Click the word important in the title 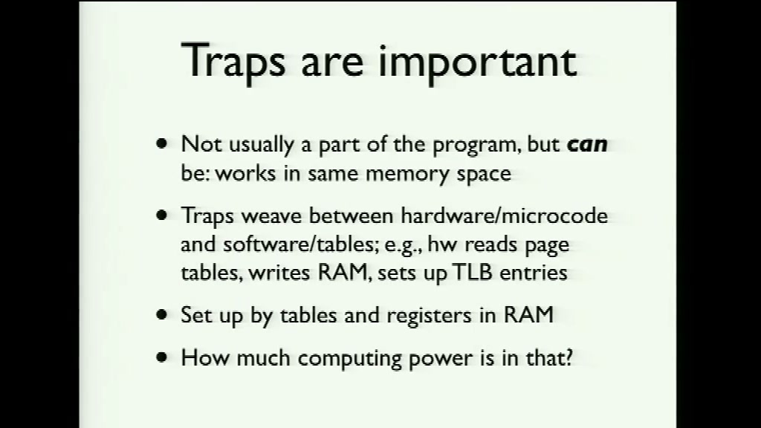click(478, 62)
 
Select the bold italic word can click(587, 145)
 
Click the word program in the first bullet click(473, 146)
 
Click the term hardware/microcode click(505, 215)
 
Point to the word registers click(429, 316)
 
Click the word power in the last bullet click(440, 360)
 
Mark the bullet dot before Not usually click(161, 143)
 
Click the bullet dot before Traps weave click(161, 215)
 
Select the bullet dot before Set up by click(161, 315)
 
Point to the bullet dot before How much click(161, 357)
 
